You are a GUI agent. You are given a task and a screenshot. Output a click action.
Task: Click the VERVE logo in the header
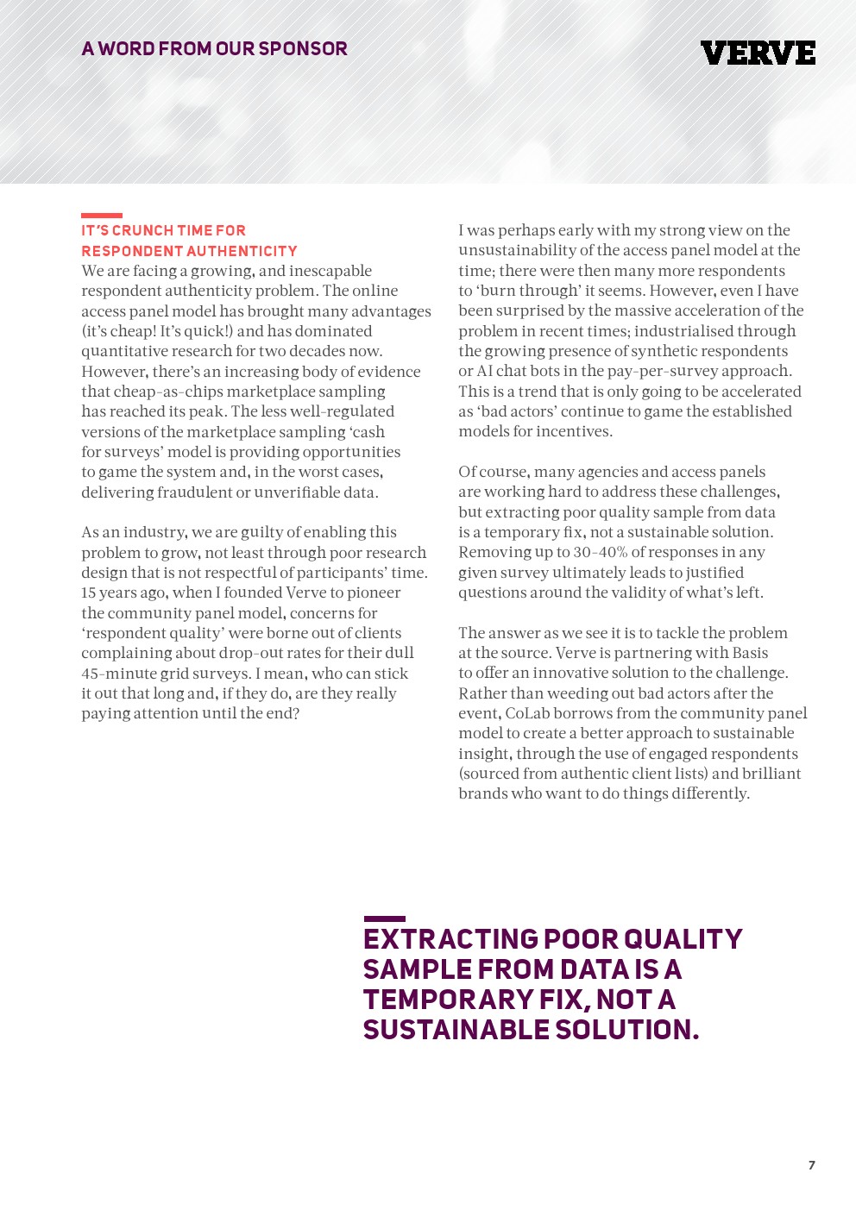coord(758,53)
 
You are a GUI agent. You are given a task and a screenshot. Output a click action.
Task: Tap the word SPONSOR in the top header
coord(303,49)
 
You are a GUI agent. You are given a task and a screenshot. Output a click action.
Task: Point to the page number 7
coord(811,1165)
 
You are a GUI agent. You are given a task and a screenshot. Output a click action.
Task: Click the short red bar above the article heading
coord(102,216)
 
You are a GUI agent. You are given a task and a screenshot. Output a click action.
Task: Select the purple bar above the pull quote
coord(384,919)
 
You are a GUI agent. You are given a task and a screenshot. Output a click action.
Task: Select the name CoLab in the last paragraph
coord(528,713)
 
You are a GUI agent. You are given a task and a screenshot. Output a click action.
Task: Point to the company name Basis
coord(750,653)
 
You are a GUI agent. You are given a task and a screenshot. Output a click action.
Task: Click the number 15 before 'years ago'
coord(89,593)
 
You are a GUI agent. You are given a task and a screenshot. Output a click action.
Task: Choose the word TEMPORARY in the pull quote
coord(447,1000)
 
